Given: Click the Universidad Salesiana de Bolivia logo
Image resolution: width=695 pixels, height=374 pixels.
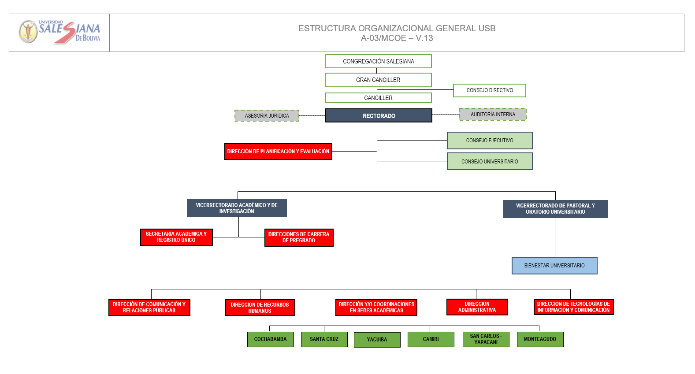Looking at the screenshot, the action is click(59, 32).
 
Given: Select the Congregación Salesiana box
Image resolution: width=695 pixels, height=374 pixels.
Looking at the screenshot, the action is click(378, 61).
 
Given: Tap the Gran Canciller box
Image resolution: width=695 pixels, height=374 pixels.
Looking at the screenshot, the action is click(378, 80).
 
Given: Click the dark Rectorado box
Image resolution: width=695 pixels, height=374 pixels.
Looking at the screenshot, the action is click(379, 116).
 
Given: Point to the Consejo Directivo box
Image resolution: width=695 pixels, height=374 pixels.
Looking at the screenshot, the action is click(490, 90).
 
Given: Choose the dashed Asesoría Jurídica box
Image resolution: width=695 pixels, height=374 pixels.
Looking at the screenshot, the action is click(267, 116).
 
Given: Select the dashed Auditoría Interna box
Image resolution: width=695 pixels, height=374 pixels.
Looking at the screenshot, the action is click(493, 115).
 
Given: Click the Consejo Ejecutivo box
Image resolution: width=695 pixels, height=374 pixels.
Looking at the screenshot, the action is click(490, 141).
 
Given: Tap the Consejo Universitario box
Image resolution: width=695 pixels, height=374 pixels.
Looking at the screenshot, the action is click(490, 161).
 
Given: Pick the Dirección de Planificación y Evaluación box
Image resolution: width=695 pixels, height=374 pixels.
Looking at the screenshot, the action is click(279, 152).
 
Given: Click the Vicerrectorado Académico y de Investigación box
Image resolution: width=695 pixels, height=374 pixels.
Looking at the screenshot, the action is click(237, 208).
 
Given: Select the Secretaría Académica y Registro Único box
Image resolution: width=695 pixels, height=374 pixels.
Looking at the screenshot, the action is click(176, 237).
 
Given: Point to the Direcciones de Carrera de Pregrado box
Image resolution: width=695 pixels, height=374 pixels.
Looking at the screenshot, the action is click(299, 237).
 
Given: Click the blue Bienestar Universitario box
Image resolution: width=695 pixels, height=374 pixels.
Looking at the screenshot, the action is click(554, 266).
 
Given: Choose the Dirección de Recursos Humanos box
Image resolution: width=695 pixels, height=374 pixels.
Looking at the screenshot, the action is click(260, 307).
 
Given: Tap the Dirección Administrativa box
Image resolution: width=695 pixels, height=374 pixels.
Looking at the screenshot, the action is click(477, 307).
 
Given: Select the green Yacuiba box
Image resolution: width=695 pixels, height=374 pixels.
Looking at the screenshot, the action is click(377, 340).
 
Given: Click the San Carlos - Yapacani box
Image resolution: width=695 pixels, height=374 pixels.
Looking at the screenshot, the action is click(486, 339).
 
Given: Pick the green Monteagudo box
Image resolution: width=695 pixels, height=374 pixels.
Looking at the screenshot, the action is click(540, 339).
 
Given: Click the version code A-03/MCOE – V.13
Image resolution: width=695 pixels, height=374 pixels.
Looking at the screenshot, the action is click(397, 38).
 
